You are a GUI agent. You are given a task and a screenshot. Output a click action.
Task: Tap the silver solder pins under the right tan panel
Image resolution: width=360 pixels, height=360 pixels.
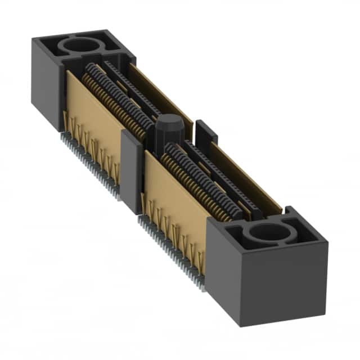169,242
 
